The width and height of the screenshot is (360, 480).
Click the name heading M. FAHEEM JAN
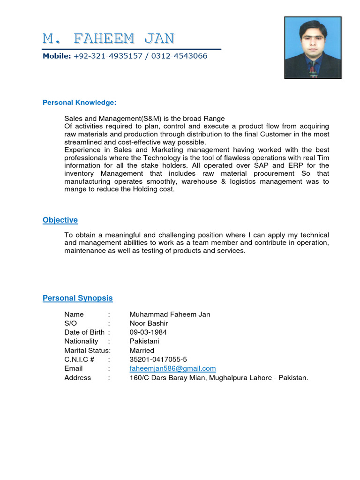pyautogui.click(x=109, y=38)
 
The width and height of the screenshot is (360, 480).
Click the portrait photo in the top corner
pyautogui.click(x=313, y=47)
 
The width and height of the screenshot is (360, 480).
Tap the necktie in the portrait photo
pyautogui.click(x=312, y=70)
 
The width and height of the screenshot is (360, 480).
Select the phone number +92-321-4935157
pyautogui.click(x=108, y=56)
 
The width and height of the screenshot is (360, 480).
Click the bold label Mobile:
pyautogui.click(x=57, y=56)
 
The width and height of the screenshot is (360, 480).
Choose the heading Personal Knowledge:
pyautogui.click(x=79, y=103)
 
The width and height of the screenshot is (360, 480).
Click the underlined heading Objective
pyautogui.click(x=60, y=220)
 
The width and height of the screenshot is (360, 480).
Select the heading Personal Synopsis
pyautogui.click(x=77, y=298)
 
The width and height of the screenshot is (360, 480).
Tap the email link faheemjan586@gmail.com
pyautogui.click(x=172, y=368)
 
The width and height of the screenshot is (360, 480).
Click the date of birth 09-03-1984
pyautogui.click(x=148, y=332)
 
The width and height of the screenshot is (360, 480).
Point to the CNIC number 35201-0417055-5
pyautogui.click(x=158, y=360)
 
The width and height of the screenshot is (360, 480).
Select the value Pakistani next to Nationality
pyautogui.click(x=144, y=341)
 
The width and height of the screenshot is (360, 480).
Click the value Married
pyautogui.click(x=142, y=351)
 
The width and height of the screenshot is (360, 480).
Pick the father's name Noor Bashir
pyautogui.click(x=149, y=323)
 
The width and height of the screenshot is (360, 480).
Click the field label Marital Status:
pyautogui.click(x=87, y=351)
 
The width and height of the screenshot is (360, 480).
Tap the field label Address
pyautogui.click(x=77, y=378)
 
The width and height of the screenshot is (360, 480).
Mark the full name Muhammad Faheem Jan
pyautogui.click(x=170, y=315)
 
